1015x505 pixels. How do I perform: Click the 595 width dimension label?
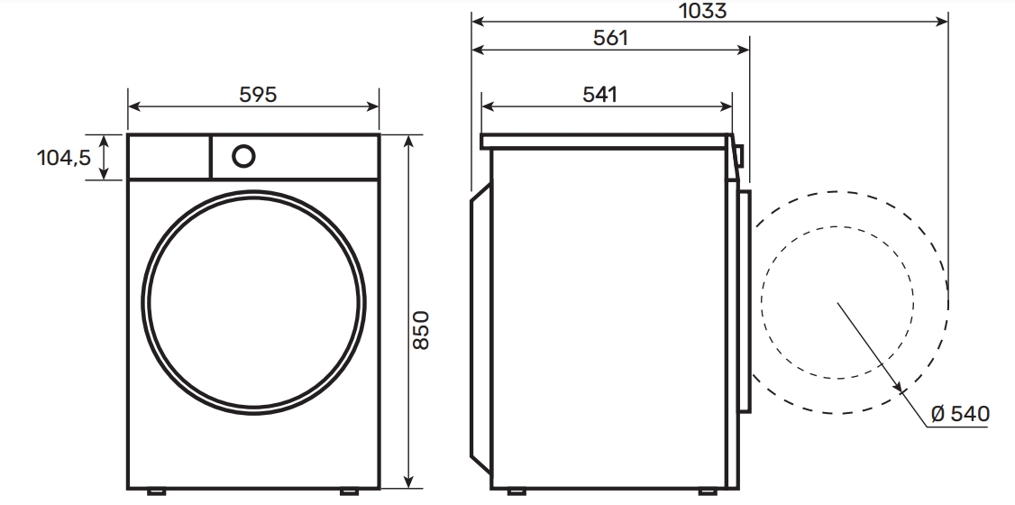258,95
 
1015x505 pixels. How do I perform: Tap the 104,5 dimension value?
64,157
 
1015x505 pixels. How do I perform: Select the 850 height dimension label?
421,330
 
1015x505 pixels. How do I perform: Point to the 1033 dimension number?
702,11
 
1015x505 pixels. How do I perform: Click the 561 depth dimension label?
610,38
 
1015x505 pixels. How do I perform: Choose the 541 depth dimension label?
600,95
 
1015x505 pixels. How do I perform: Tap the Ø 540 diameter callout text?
961,414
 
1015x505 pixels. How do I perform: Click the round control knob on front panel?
243,156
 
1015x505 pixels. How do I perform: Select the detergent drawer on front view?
169,156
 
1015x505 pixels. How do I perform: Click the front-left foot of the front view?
156,492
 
